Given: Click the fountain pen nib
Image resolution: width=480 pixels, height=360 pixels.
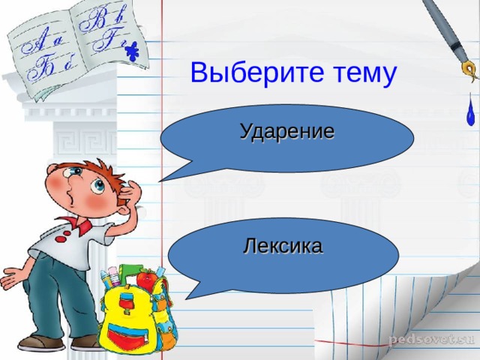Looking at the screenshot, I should coord(469,72).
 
